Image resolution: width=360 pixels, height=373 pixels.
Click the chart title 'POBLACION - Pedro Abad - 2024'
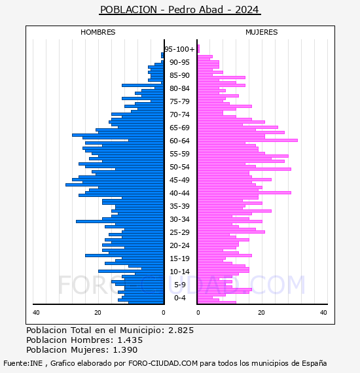coord(179,10)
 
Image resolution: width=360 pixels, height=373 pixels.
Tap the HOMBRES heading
coord(98,32)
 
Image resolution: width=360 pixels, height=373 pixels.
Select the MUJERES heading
coord(262,32)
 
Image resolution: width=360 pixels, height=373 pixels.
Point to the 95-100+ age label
coord(179,49)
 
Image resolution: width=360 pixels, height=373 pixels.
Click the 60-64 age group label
coord(179,141)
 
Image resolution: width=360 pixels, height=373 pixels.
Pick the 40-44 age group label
coord(179,193)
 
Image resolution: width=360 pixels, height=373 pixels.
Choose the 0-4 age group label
coord(180,298)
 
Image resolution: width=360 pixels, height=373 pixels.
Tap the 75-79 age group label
coord(179,101)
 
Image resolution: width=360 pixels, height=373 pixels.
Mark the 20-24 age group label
coord(179,245)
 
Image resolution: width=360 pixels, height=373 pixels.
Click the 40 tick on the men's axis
coord(36,313)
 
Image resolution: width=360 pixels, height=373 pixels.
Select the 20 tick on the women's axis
coord(261,313)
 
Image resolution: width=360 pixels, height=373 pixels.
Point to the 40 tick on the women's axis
coord(323,313)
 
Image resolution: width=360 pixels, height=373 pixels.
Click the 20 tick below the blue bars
coord(98,313)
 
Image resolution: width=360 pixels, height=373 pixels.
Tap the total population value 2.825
coord(181,330)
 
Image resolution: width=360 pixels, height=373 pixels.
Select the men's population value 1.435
coord(130,340)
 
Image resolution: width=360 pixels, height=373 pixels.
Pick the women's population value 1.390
coord(125,350)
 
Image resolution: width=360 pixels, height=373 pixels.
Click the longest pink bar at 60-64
coord(247,140)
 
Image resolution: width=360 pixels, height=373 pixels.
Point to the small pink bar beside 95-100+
coord(198,49)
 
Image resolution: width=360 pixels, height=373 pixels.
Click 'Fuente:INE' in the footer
coord(23,363)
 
